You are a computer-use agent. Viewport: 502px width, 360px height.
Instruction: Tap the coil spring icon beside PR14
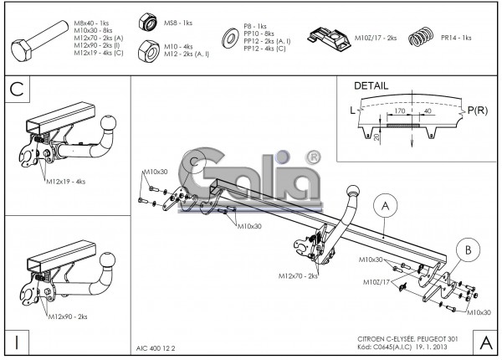coord(423,39)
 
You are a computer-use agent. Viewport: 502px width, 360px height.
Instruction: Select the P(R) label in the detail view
coord(479,110)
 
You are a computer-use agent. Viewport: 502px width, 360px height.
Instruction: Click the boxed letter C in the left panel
coord(18,88)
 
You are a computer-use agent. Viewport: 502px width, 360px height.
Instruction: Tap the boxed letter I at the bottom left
coord(18,342)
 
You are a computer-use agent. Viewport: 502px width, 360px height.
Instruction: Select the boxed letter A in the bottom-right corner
coord(484,342)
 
